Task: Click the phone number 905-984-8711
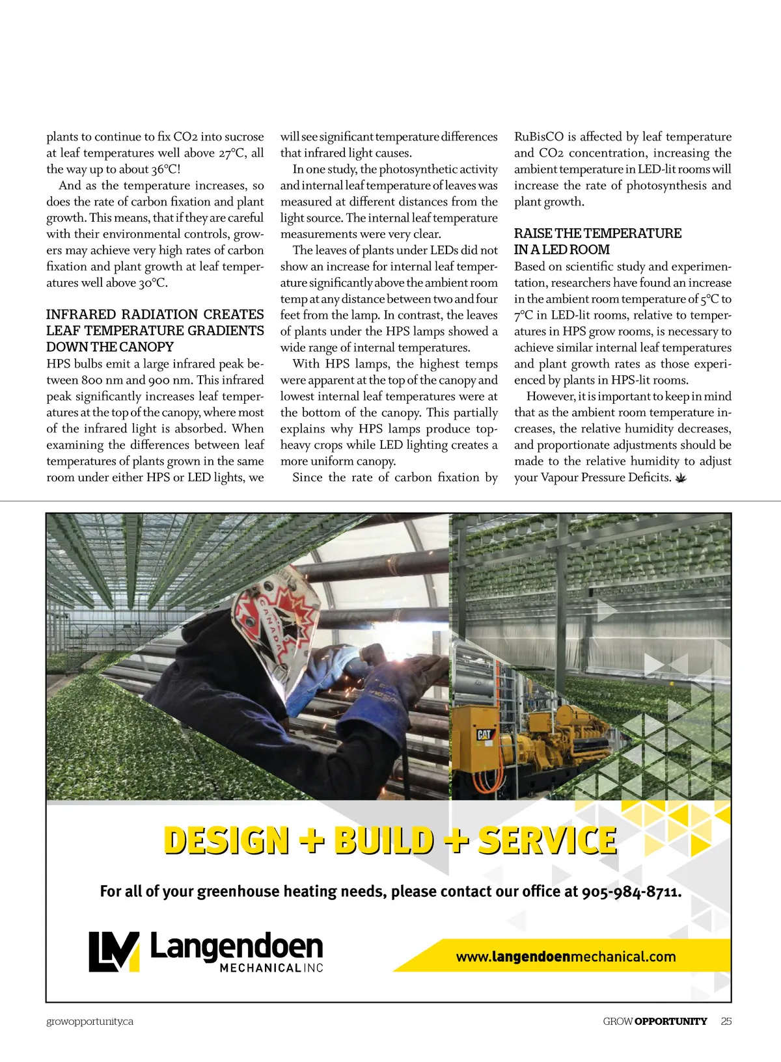point(631,892)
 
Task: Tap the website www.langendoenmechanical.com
point(566,957)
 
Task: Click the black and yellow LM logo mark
point(114,952)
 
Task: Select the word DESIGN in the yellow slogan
point(226,840)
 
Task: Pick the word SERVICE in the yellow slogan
point(547,840)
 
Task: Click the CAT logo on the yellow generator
point(484,734)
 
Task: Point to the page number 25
point(726,1021)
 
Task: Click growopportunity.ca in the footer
point(90,1021)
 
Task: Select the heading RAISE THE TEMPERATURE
point(597,233)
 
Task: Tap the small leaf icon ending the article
point(681,479)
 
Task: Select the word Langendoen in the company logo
point(236,947)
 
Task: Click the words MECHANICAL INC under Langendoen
point(271,968)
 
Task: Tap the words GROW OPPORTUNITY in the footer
point(655,1021)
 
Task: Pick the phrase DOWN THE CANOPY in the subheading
point(110,347)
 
